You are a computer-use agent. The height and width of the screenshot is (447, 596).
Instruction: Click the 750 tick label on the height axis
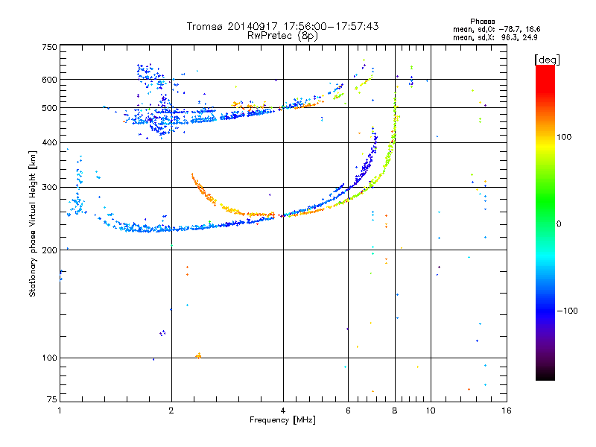(x=49, y=46)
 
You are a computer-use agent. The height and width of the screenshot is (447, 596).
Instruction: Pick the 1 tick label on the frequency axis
(x=60, y=410)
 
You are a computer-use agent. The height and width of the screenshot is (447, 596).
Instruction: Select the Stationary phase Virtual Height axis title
(x=33, y=223)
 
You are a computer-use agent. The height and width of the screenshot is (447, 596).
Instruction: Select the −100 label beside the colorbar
(x=566, y=311)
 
